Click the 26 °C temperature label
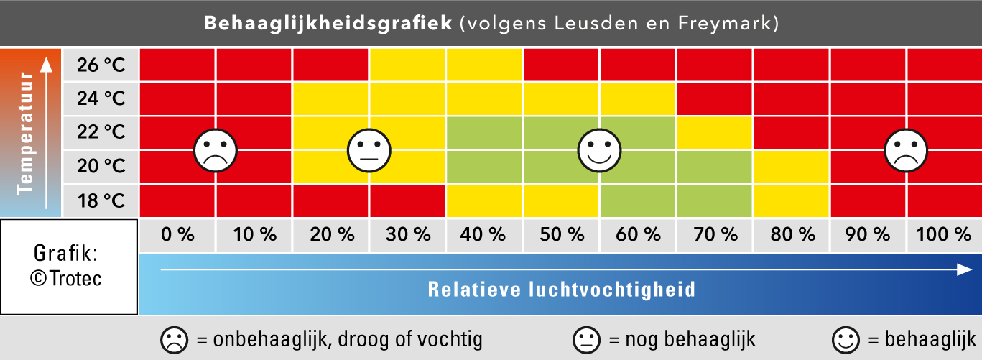[100, 65]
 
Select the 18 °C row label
[100, 200]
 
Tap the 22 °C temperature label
[100, 132]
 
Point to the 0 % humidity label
[177, 234]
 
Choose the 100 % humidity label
[944, 234]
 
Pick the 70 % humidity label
[714, 234]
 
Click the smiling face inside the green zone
[599, 150]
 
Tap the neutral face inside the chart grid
[369, 150]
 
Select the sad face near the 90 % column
[906, 150]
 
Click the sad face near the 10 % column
[216, 150]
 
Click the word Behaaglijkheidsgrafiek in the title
[328, 24]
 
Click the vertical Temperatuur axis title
[27, 132]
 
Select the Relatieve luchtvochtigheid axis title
[561, 290]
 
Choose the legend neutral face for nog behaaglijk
[586, 339]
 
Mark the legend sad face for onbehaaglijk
[173, 339]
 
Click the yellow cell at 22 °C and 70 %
[714, 133]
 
